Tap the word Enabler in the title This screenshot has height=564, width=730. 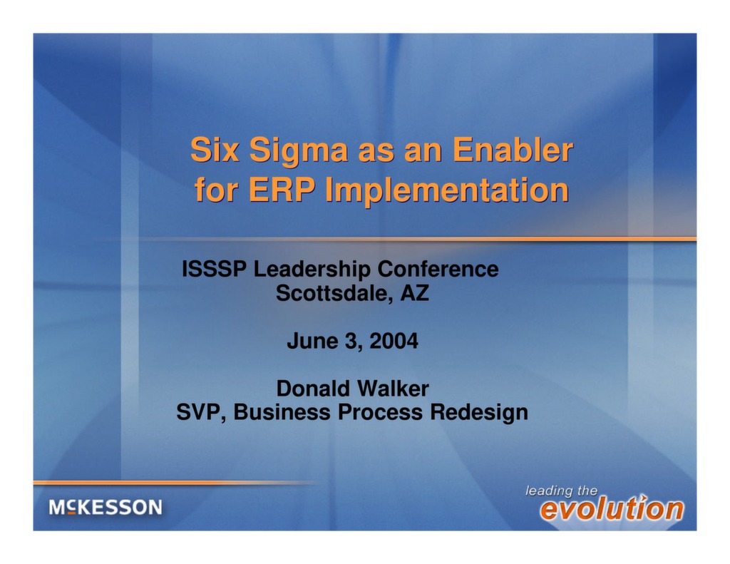(513, 150)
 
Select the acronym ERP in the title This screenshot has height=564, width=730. (282, 190)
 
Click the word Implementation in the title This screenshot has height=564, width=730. (447, 191)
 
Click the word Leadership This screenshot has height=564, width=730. (312, 270)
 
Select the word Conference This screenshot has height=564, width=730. (438, 270)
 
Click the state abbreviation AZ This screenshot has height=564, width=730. (414, 293)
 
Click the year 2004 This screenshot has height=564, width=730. (394, 342)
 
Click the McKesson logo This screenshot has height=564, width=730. (106, 508)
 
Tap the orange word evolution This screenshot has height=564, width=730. (611, 509)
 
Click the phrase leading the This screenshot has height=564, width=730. (561, 491)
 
